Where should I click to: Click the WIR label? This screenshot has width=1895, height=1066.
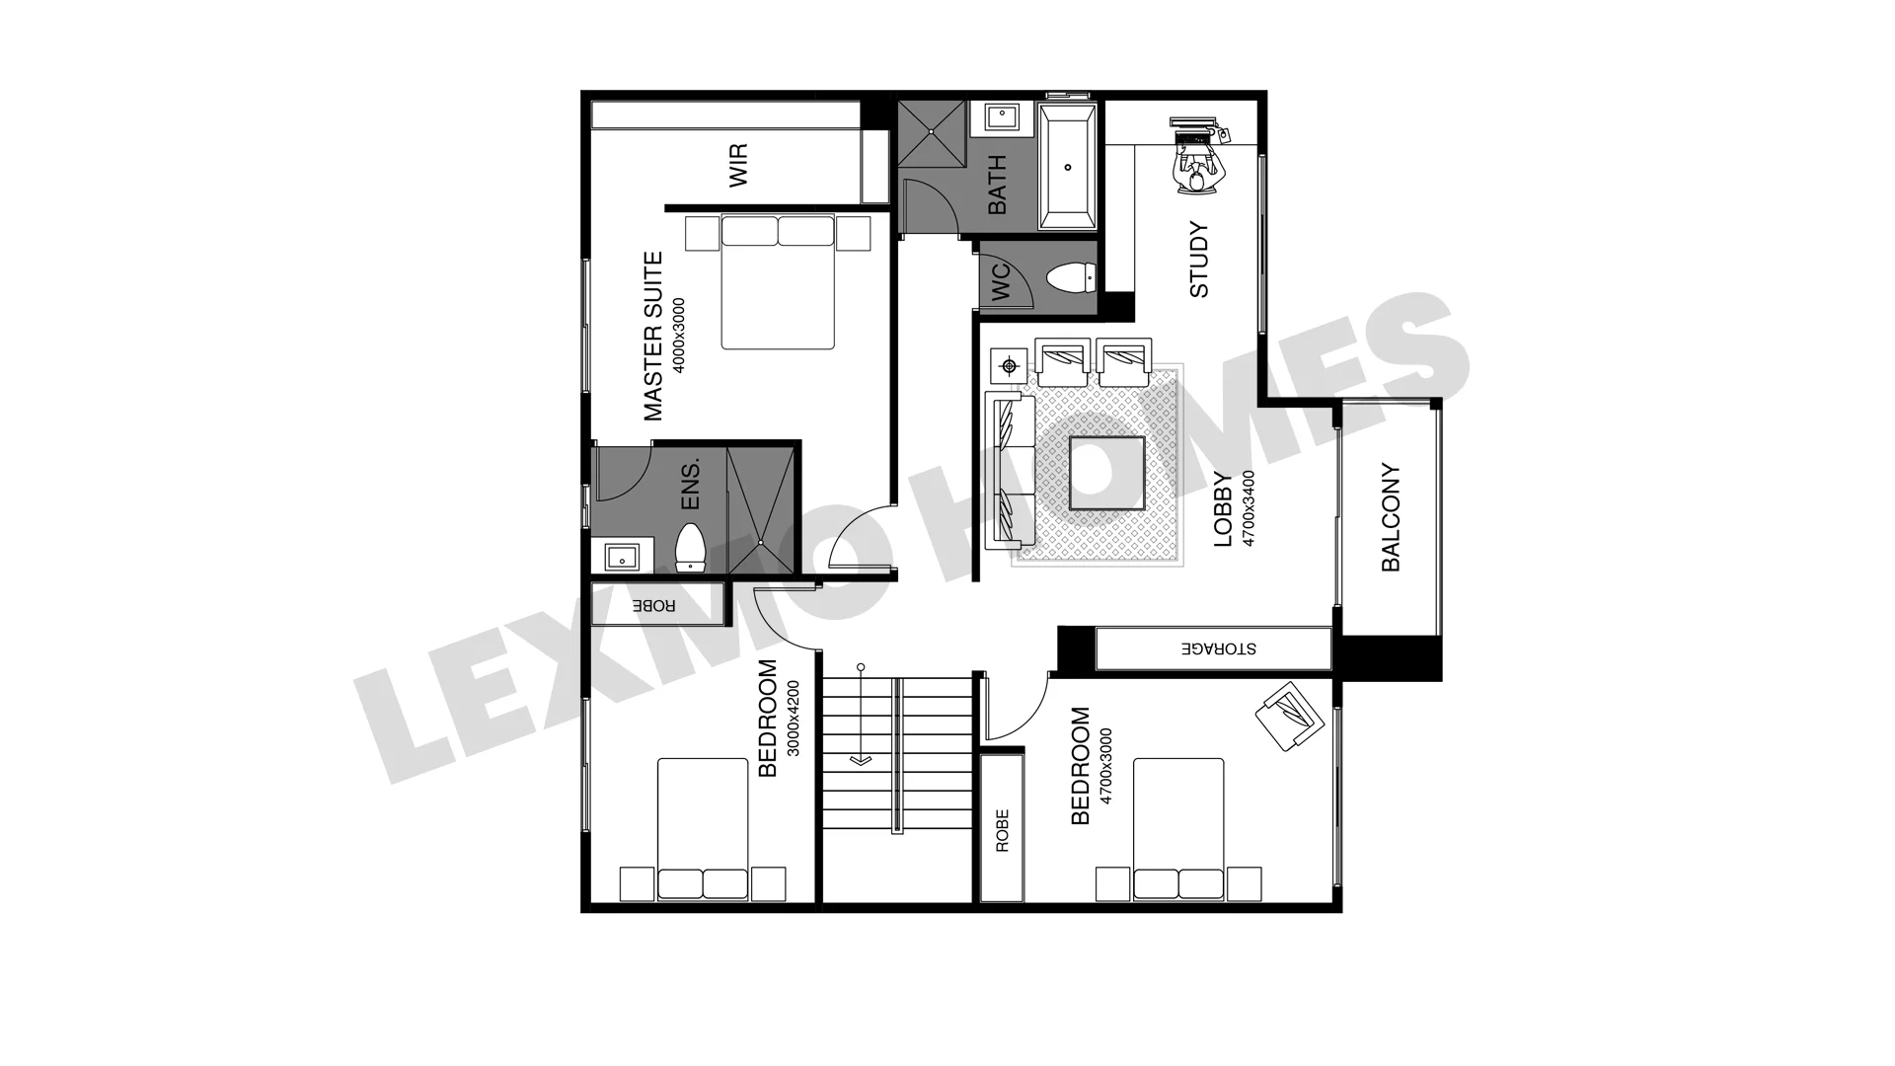tap(738, 165)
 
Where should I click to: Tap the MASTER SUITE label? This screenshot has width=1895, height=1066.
tap(653, 337)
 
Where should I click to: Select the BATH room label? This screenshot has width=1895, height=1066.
tap(997, 185)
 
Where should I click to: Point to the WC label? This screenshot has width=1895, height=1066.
tap(1000, 282)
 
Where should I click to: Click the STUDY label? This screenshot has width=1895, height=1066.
tap(1198, 260)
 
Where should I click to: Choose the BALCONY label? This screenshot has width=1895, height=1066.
tap(1391, 517)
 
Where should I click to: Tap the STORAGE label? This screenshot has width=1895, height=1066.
tap(1219, 648)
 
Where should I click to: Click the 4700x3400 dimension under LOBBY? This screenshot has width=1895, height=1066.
tap(1249, 508)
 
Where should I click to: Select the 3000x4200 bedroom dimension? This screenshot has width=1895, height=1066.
tap(794, 719)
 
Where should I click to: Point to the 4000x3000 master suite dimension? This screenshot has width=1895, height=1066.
tap(678, 336)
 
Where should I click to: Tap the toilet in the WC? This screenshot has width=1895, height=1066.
tap(1070, 277)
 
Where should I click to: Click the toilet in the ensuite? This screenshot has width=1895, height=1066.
tap(689, 548)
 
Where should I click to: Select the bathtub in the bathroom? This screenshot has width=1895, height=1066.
tap(1068, 166)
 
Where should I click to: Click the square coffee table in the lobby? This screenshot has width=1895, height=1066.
tap(1107, 473)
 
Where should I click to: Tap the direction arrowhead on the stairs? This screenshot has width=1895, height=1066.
tap(861, 760)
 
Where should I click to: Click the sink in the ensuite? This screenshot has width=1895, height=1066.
tap(622, 557)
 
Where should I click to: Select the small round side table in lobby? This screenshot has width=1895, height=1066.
tap(1009, 367)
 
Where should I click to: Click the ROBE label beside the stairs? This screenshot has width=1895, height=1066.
tap(1002, 831)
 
